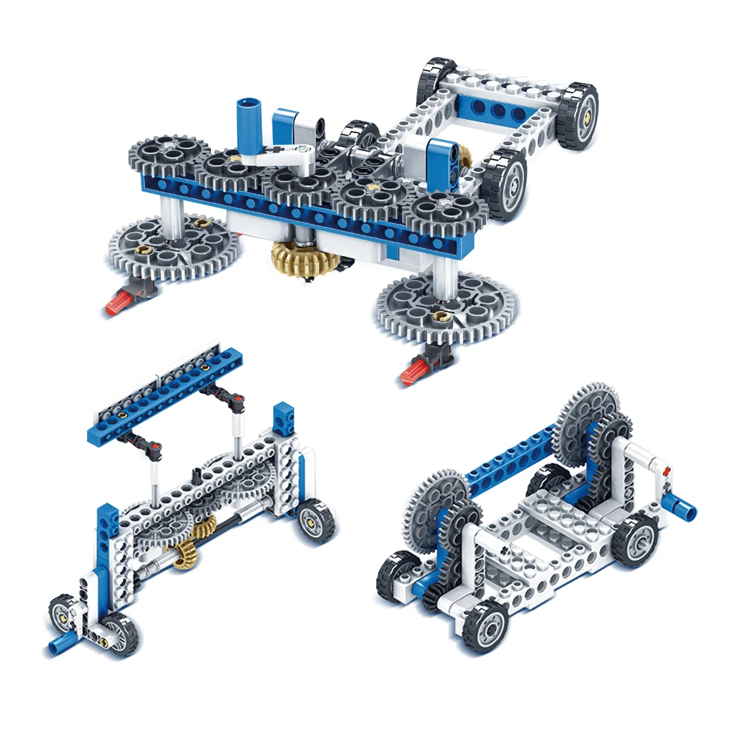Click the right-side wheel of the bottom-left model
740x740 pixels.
[317, 519]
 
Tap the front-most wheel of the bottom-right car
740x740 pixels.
[484, 626]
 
